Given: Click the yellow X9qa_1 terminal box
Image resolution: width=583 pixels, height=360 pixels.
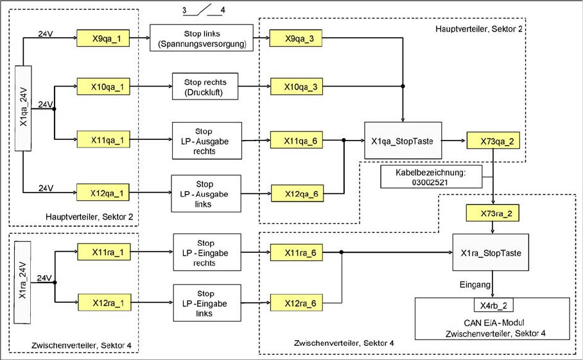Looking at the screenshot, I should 103,38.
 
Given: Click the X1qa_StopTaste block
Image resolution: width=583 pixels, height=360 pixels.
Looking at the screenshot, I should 403,139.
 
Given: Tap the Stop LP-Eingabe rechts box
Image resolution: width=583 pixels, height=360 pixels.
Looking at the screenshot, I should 205,252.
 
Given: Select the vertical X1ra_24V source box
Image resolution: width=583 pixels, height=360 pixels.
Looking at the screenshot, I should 22,282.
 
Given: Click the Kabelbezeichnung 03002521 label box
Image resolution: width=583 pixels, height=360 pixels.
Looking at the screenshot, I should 421,177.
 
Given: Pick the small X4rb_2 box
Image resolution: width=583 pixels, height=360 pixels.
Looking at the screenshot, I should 492,305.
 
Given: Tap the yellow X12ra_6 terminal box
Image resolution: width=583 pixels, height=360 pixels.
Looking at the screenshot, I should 297,301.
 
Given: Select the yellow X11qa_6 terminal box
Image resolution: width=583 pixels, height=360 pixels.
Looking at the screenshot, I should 296,139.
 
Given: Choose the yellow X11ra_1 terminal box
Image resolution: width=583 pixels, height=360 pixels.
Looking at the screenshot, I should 103,252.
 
